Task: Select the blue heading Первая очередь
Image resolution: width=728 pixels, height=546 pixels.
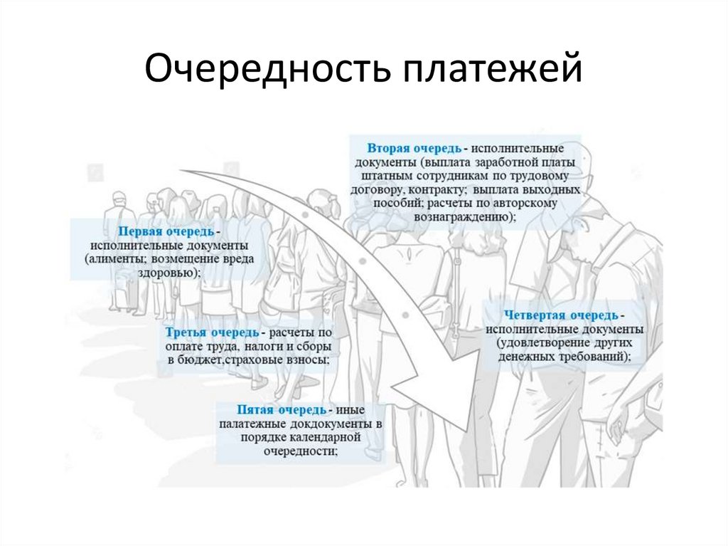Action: (x=164, y=232)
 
